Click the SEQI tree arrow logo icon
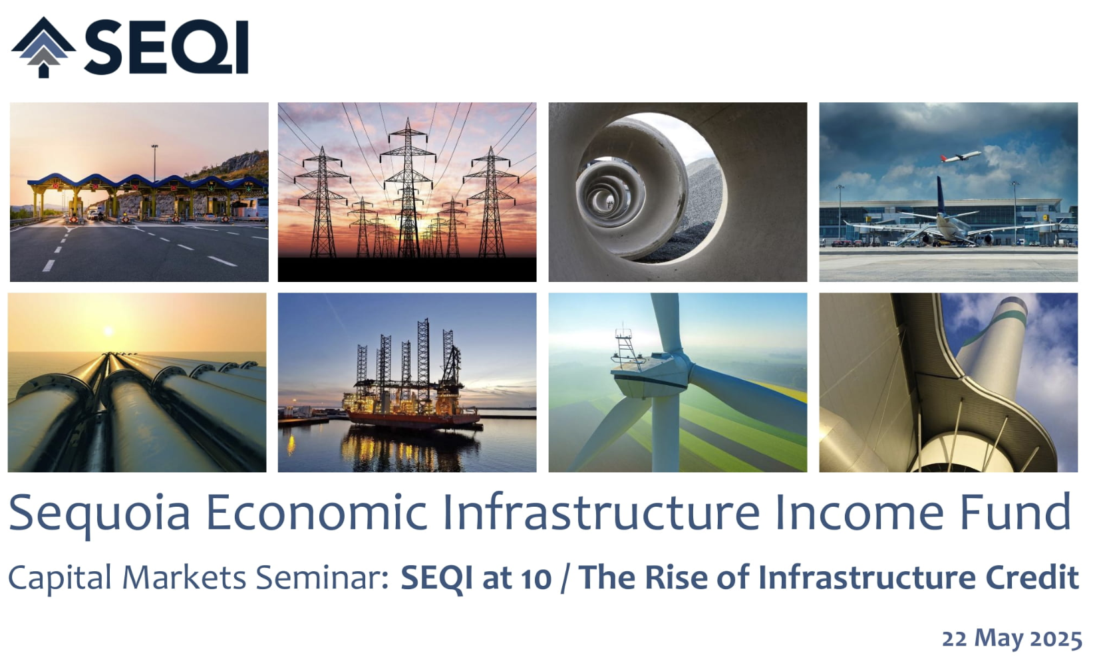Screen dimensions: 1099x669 [44, 48]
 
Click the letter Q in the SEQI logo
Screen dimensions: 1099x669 [204, 48]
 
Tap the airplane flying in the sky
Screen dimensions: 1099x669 [961, 157]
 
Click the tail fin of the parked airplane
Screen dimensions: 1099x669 [941, 196]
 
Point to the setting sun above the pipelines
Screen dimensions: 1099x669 [108, 331]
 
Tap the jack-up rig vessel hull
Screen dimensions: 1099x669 [413, 418]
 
